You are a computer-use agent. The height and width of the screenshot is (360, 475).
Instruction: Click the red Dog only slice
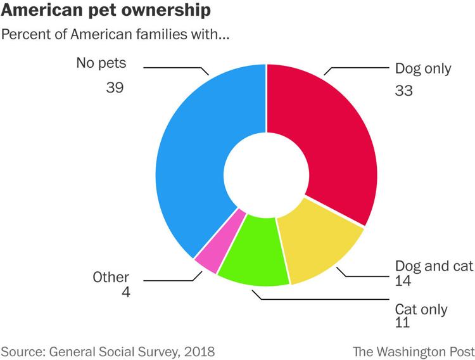point(329,139)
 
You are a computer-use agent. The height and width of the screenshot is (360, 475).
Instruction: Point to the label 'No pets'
point(101,63)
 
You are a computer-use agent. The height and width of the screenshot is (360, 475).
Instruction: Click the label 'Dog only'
point(423,69)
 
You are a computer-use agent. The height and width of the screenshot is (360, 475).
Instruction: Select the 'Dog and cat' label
point(434,266)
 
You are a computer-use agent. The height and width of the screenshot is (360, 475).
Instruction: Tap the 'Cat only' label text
point(421,309)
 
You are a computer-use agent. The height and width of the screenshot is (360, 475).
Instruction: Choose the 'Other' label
point(111,277)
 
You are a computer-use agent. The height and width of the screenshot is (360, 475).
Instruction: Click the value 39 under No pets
point(115,87)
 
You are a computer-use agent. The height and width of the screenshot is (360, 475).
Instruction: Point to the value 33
point(403,91)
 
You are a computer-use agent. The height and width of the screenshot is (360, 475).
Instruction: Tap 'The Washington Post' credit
point(413,351)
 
